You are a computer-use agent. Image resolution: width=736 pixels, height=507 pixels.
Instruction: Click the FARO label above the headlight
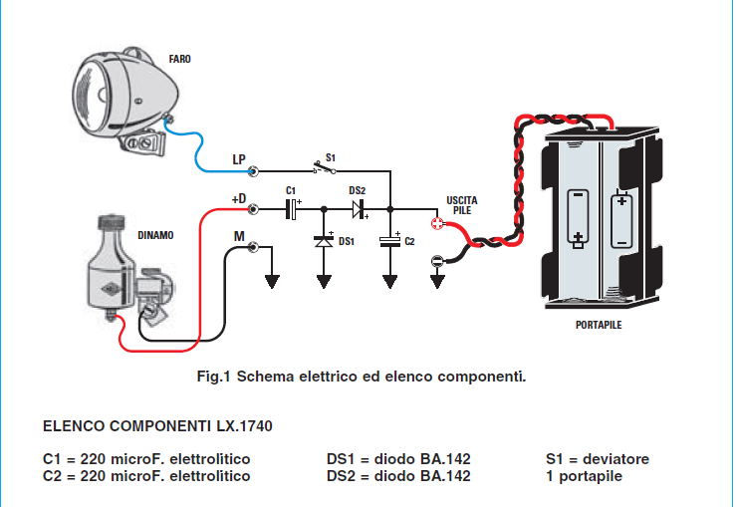pyautogui.click(x=179, y=59)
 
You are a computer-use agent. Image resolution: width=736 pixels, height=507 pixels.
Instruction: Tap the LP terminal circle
pyautogui.click(x=255, y=170)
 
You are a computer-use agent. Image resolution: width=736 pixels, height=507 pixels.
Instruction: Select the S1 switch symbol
pyautogui.click(x=324, y=169)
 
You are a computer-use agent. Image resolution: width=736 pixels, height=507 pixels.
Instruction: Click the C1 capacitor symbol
pyautogui.click(x=293, y=209)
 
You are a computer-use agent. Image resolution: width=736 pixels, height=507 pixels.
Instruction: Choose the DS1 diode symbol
pyautogui.click(x=324, y=239)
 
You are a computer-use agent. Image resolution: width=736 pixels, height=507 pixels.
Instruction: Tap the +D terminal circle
pyautogui.click(x=254, y=209)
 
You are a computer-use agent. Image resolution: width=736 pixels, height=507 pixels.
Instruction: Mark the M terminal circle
pyautogui.click(x=254, y=246)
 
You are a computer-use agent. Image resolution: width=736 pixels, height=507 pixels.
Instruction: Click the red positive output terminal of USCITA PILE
pyautogui.click(x=436, y=224)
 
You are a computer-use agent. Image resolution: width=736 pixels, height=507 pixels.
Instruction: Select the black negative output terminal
pyautogui.click(x=436, y=261)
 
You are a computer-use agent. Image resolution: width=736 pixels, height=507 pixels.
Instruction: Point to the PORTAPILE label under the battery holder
pyautogui.click(x=599, y=325)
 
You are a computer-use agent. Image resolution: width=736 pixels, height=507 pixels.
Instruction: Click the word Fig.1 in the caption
pyautogui.click(x=214, y=377)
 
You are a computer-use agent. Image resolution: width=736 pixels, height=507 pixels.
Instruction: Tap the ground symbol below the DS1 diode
pyautogui.click(x=324, y=280)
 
